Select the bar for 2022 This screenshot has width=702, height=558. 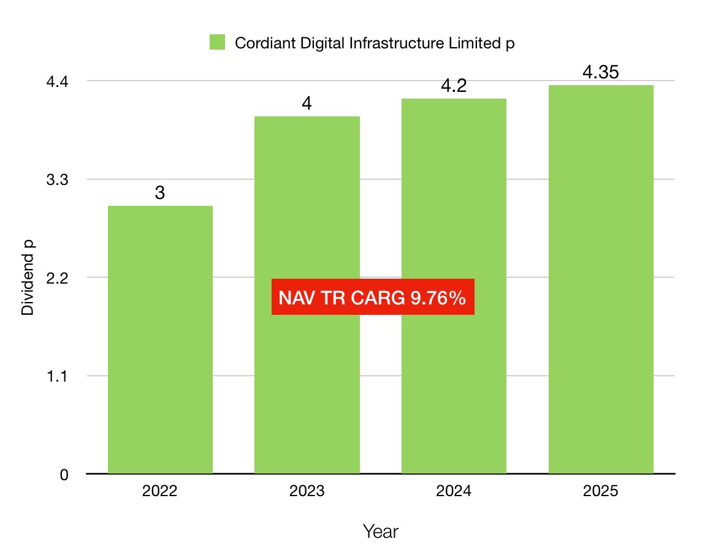pyautogui.click(x=160, y=339)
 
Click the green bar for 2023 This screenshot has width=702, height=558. pyautogui.click(x=307, y=380)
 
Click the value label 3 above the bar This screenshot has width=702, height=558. pyautogui.click(x=160, y=194)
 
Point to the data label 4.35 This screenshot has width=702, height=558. pyautogui.click(x=601, y=72)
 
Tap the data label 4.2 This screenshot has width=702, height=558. pyautogui.click(x=454, y=86)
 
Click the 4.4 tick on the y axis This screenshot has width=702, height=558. pyautogui.click(x=58, y=81)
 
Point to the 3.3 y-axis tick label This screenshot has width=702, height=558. pyautogui.click(x=58, y=179)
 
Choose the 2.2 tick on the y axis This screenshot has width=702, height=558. pyautogui.click(x=58, y=277)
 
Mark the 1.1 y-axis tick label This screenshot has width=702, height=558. pyautogui.click(x=58, y=375)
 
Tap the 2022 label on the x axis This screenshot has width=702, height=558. pyautogui.click(x=160, y=492)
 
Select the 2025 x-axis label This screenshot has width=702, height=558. pyautogui.click(x=601, y=492)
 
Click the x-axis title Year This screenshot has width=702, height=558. pyautogui.click(x=380, y=531)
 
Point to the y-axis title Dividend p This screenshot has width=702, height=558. pyautogui.click(x=28, y=278)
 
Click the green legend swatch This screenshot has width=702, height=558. pyautogui.click(x=217, y=42)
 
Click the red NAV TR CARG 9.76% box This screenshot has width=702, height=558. pyautogui.click(x=373, y=298)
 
